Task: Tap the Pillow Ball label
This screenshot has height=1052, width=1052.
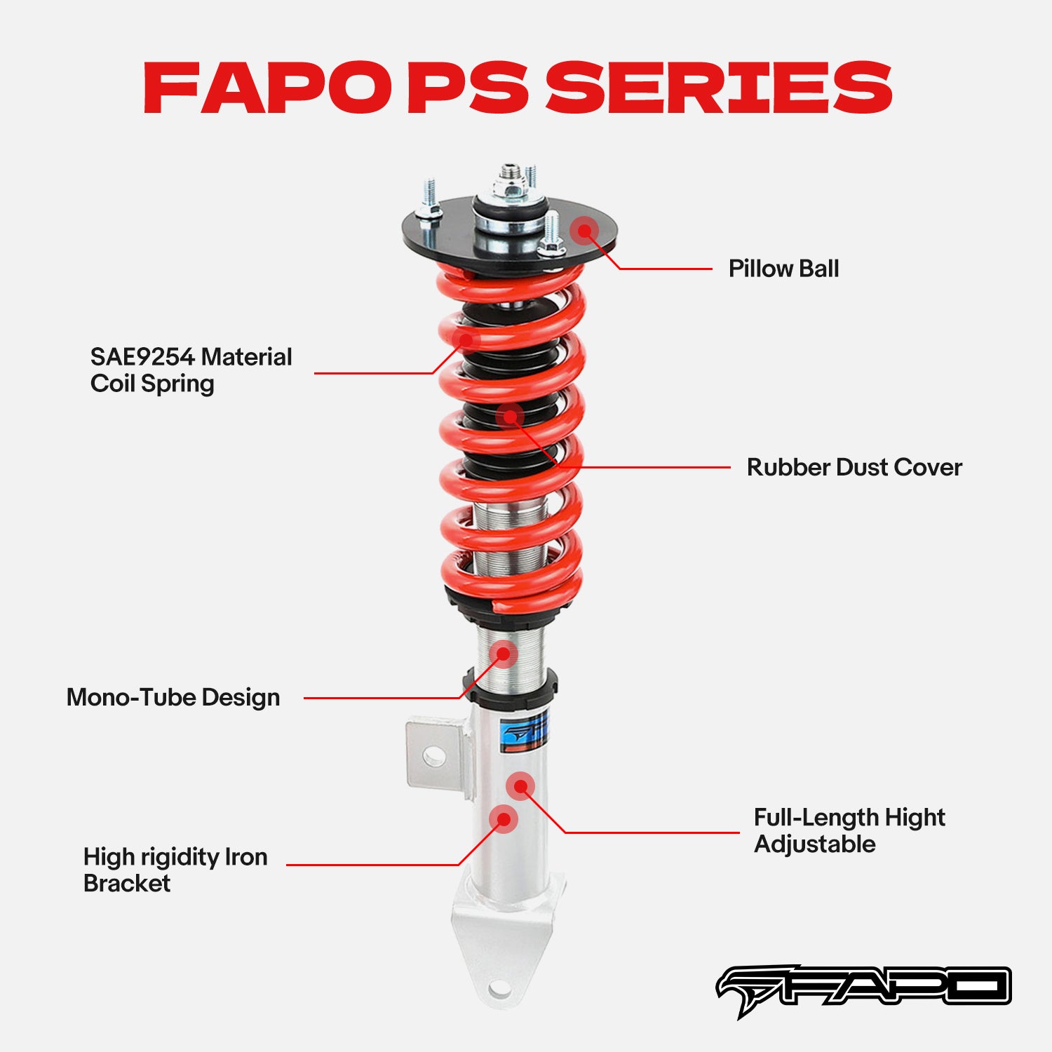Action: pos(783,269)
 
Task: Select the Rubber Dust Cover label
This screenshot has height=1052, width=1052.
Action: pos(854,467)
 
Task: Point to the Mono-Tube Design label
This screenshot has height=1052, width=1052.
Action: pos(173,697)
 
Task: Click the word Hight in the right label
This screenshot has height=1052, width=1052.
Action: pos(915,817)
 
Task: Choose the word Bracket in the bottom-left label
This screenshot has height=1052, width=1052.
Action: pos(127,883)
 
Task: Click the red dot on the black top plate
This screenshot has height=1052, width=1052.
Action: pos(584,230)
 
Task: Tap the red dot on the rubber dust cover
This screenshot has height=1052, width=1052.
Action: pos(510,417)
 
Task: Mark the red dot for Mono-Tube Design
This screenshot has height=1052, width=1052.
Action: pos(503,654)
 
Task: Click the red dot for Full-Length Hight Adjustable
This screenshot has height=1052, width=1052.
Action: pos(520,786)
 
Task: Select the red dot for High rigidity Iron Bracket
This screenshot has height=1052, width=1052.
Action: pos(503,819)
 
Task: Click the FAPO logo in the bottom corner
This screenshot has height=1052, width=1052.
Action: pos(863,989)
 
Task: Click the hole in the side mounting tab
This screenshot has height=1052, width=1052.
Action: pos(433,755)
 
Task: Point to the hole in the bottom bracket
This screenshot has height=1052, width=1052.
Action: pos(499,989)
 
